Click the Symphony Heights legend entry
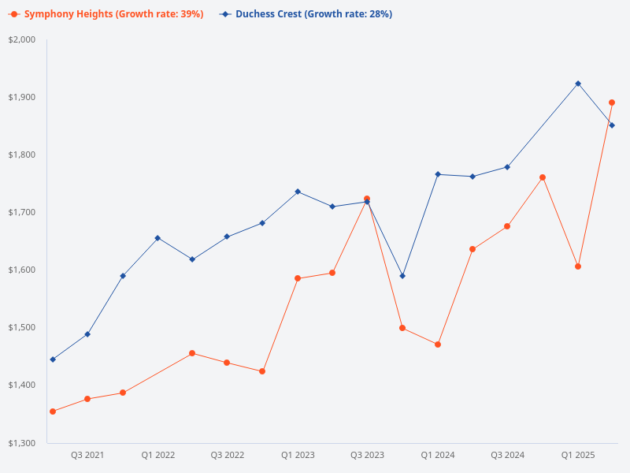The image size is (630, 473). point(106,14)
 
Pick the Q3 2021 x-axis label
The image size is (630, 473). point(87,456)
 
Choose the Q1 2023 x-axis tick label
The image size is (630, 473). point(298,456)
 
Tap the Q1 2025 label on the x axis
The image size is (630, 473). point(577,456)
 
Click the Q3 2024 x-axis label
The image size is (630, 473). point(507,456)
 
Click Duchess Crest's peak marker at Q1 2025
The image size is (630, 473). point(578,84)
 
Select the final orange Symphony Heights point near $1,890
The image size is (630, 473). point(612,102)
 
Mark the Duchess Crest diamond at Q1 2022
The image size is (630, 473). point(157,238)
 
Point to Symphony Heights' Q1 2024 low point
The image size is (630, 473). point(438,345)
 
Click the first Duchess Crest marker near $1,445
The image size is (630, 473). point(53,359)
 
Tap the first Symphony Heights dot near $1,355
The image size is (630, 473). point(53,412)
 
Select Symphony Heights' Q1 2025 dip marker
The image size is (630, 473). point(578,266)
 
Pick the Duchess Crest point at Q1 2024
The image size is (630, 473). point(438,174)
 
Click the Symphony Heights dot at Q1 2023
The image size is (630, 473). point(298,278)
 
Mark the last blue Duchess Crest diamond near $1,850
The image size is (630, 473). point(612,125)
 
